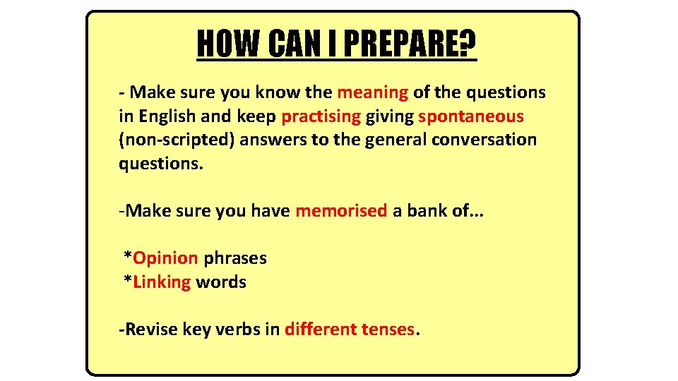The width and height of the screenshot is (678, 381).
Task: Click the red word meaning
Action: coord(373,92)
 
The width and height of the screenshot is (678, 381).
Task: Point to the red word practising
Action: coord(321,116)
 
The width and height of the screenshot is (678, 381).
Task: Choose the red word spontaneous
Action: coord(471,116)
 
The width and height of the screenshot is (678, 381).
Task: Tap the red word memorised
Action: coord(341,210)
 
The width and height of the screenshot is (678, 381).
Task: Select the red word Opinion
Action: coord(165,258)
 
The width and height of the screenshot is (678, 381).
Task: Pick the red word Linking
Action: coord(162,282)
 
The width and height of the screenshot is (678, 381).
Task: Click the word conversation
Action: coord(484,140)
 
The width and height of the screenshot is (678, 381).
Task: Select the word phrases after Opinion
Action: coord(234,258)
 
